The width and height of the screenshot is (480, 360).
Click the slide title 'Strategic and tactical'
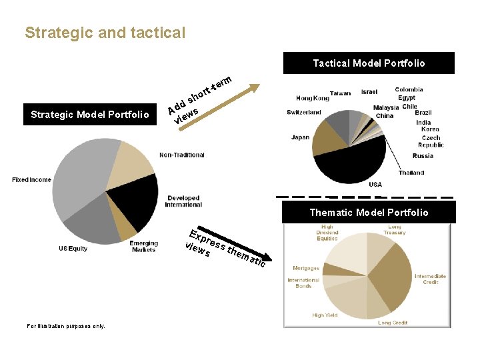(x=105, y=33)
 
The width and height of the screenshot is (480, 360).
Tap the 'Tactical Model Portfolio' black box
(x=369, y=63)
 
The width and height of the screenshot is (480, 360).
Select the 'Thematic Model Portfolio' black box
(x=369, y=213)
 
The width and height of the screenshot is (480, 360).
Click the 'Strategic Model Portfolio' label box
(x=90, y=115)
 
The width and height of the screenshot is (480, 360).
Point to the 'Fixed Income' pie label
(x=31, y=180)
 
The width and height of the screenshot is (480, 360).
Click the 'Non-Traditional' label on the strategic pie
(x=181, y=155)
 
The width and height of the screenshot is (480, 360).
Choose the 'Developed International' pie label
(x=183, y=201)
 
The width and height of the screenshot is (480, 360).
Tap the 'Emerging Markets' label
(x=143, y=247)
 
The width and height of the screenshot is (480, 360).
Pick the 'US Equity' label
(x=73, y=249)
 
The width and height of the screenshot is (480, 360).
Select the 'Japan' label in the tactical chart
(x=300, y=138)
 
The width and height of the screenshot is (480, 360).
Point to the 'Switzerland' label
(x=304, y=113)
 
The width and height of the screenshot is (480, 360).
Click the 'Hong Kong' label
(x=313, y=98)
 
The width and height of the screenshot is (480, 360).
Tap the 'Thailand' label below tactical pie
(x=411, y=173)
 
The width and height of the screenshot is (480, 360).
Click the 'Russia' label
(x=423, y=156)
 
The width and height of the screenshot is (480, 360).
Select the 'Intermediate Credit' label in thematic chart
(x=430, y=279)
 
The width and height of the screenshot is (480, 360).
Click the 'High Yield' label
(x=325, y=315)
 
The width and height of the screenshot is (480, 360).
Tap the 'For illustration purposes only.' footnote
(x=65, y=326)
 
